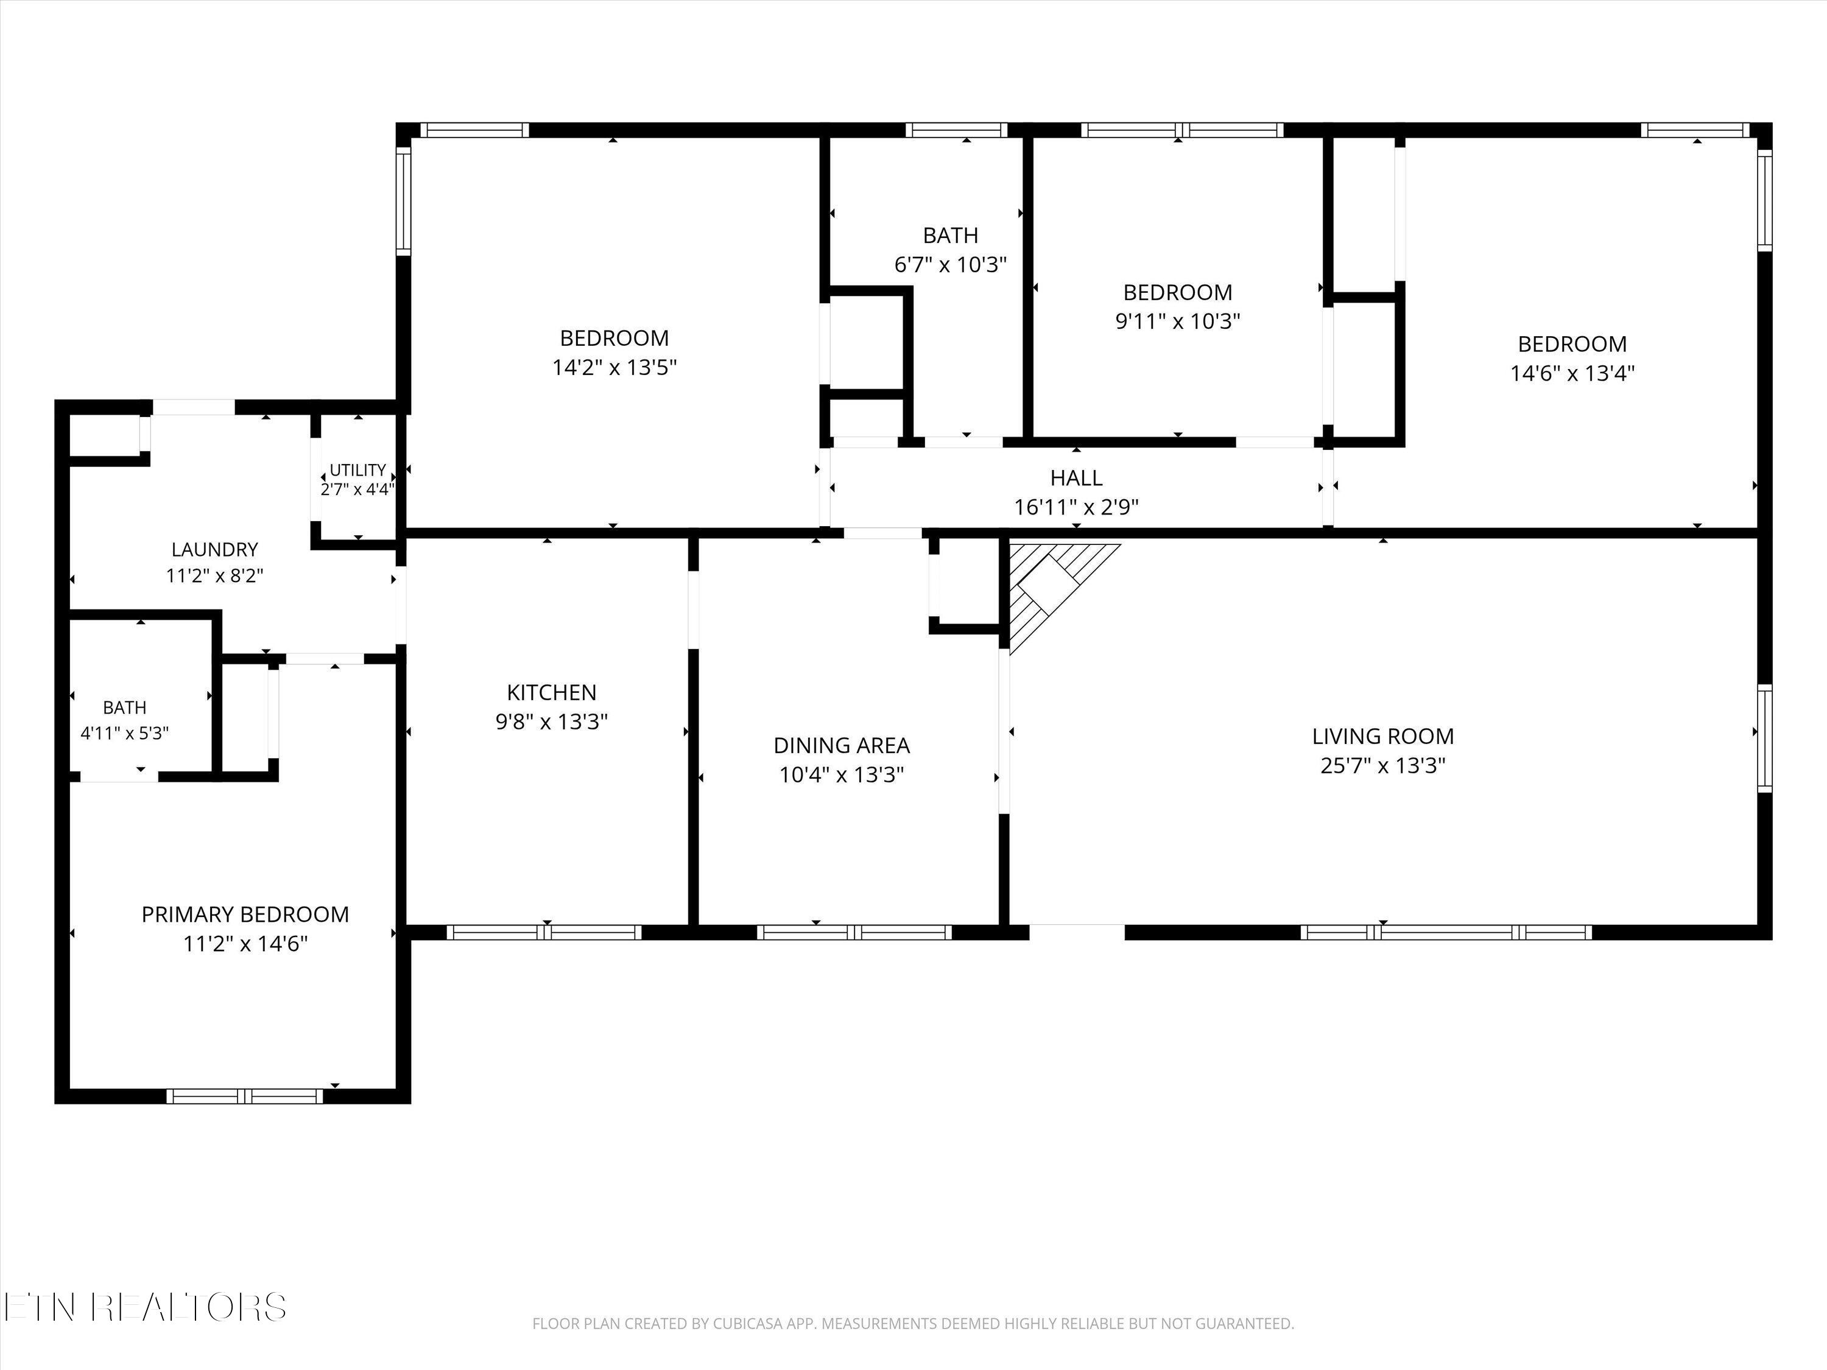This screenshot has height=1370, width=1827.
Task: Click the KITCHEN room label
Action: [552, 692]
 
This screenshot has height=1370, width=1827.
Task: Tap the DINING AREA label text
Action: [842, 746]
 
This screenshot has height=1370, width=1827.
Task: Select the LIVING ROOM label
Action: [1382, 736]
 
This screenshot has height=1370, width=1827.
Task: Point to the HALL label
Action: [1076, 477]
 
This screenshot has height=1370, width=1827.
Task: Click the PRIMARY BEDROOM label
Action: [245, 914]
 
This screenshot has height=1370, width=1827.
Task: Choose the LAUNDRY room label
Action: [215, 549]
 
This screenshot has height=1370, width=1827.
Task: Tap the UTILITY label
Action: [357, 470]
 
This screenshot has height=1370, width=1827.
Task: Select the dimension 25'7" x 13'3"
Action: [1382, 765]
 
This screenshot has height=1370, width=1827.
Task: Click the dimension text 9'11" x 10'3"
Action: [1178, 321]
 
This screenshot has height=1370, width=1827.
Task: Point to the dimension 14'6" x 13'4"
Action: [1572, 373]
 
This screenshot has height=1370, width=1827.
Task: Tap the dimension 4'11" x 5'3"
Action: [125, 732]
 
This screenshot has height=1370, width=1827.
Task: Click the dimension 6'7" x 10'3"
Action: [951, 265]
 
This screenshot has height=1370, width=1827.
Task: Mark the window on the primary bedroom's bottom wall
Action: [245, 1097]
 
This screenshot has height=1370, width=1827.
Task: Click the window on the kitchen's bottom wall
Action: [544, 932]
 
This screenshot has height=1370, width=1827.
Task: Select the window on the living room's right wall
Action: [1764, 737]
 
